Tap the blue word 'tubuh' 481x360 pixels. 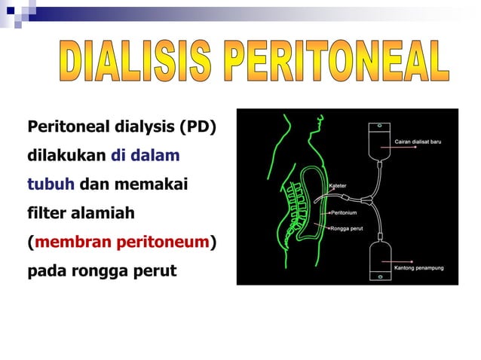point(51,184)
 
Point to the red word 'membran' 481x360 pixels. point(71,241)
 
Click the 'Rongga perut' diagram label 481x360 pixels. point(348,228)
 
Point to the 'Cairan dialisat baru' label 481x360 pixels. point(418,141)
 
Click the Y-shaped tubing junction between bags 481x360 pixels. point(367,200)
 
